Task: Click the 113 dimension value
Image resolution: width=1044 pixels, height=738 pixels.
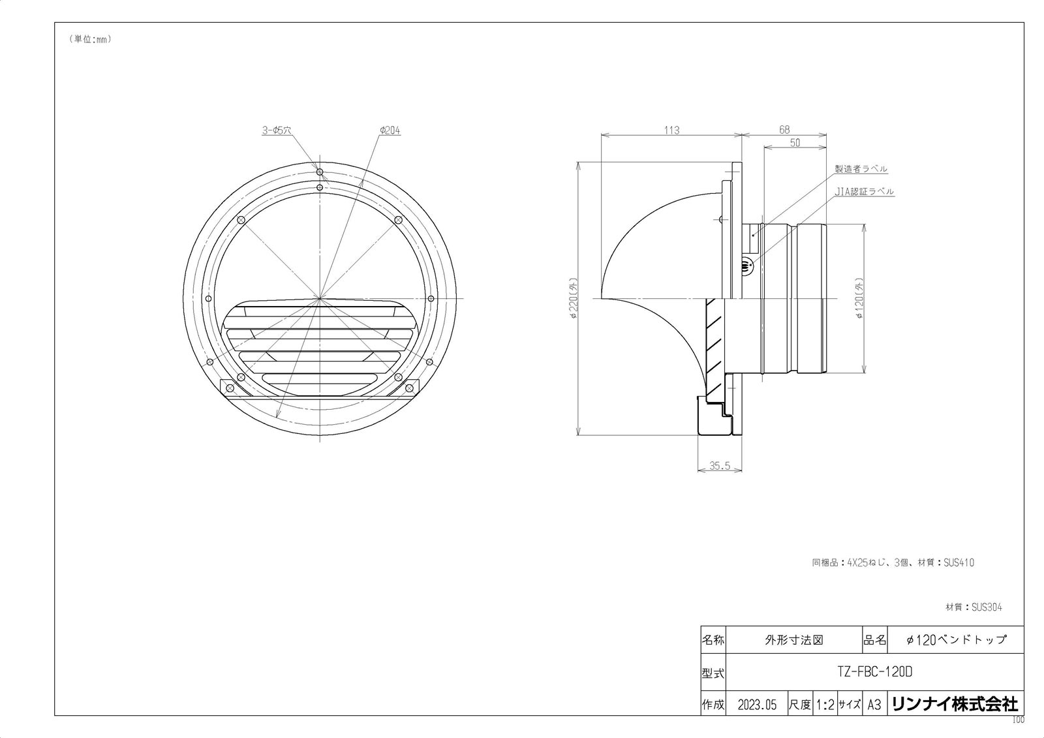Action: [671, 130]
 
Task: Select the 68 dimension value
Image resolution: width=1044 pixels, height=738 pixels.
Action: [784, 130]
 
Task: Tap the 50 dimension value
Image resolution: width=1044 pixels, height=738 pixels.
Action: [795, 143]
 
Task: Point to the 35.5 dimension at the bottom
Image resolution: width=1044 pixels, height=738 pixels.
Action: [719, 466]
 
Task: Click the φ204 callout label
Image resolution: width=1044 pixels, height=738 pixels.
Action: [390, 131]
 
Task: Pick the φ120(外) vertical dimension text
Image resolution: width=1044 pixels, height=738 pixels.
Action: [860, 298]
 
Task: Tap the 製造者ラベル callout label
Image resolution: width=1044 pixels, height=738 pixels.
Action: [861, 168]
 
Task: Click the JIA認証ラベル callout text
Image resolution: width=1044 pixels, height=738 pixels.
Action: [865, 192]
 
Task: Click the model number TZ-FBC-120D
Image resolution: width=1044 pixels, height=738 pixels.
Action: [874, 671]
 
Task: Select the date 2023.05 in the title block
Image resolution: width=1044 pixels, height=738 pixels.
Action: [757, 705]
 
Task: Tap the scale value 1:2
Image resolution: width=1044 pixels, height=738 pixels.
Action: [825, 705]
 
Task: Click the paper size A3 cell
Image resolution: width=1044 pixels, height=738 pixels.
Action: [874, 705]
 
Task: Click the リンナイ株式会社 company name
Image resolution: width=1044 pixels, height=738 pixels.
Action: [954, 704]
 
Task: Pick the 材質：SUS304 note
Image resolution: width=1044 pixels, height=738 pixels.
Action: [974, 607]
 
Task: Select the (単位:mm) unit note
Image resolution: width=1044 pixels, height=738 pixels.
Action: [90, 39]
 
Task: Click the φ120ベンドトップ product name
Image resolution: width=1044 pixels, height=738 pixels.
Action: [956, 639]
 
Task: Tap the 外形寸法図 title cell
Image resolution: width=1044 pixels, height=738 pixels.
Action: [793, 639]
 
